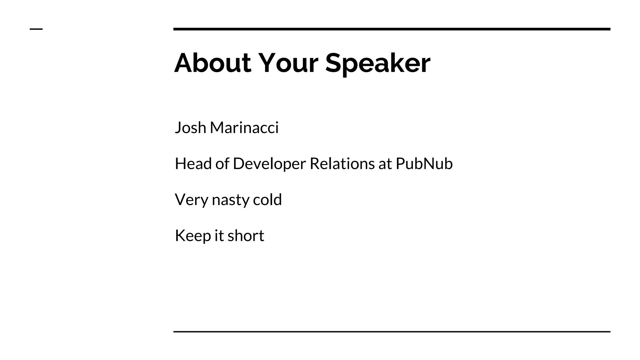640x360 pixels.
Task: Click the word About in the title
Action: tap(212, 63)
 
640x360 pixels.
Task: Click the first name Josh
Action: tap(190, 128)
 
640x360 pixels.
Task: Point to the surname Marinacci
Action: tap(244, 128)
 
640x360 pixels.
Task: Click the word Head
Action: tap(193, 164)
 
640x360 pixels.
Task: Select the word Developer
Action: tap(269, 164)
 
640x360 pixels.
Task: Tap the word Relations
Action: tap(342, 164)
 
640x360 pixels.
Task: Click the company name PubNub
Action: tap(424, 164)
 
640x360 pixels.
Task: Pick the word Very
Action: tap(191, 200)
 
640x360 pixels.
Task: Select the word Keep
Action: tap(192, 236)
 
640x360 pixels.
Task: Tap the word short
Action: tap(246, 236)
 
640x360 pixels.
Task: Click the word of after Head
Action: tap(222, 164)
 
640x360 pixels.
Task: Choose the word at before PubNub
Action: tap(385, 164)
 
